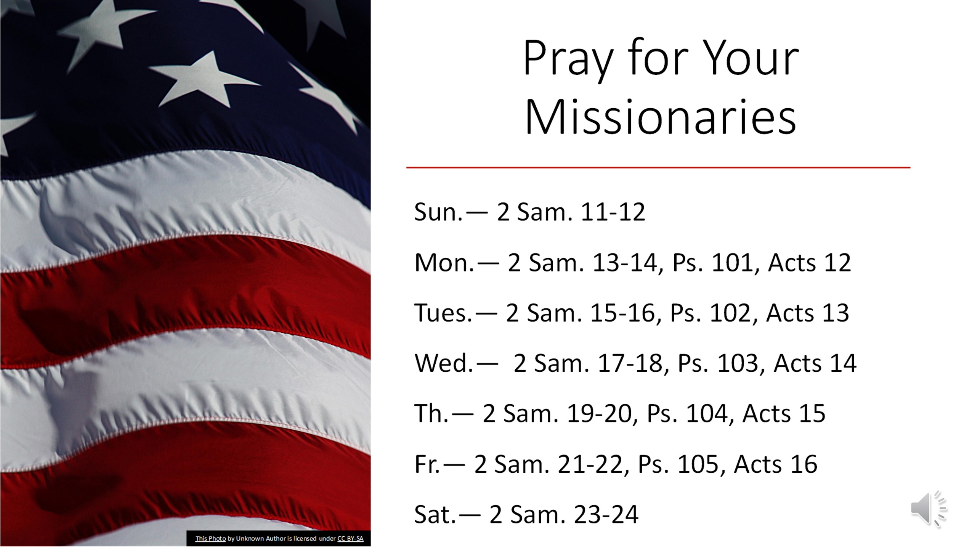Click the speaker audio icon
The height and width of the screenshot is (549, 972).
point(929,509)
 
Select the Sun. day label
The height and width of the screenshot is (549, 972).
point(438,212)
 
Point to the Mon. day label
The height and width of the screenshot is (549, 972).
point(444,263)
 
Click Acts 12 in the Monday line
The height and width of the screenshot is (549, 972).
point(809,263)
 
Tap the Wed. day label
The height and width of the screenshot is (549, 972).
point(443,363)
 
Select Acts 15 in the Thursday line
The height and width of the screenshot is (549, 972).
point(784,413)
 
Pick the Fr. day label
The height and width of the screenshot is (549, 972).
point(427,464)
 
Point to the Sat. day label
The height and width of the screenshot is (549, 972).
point(435,515)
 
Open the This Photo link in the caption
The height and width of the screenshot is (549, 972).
point(210,538)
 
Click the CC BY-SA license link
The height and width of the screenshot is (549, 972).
point(350,538)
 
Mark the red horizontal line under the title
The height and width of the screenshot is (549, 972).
point(658,167)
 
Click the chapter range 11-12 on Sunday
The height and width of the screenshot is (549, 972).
point(612,212)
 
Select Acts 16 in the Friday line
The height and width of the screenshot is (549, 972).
point(776,464)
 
